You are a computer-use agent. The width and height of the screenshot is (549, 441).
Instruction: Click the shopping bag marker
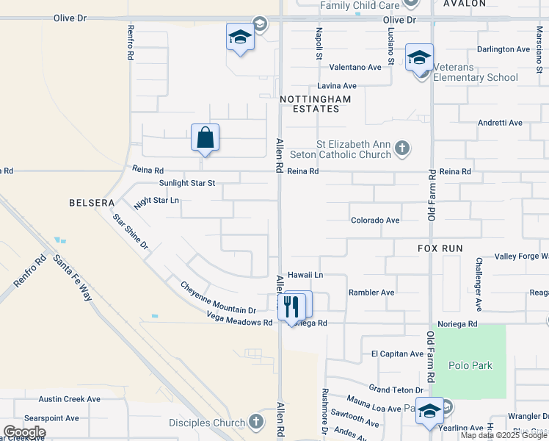pyautogui.click(x=206, y=137)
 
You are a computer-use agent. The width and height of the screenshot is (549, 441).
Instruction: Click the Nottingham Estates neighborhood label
pyautogui.click(x=315, y=104)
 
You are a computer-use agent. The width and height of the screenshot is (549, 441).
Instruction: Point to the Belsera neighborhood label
pyautogui.click(x=92, y=203)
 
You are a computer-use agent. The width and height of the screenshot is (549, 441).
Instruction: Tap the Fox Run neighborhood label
pyautogui.click(x=440, y=248)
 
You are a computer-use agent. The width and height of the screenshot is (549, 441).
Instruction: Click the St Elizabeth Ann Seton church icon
pyautogui.click(x=401, y=148)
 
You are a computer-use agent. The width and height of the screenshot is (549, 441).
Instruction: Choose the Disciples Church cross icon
pyautogui.click(x=255, y=422)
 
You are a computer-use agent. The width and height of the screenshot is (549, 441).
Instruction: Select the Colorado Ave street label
pyautogui.click(x=375, y=220)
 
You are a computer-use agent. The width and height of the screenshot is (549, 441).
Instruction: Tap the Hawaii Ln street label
pyautogui.click(x=305, y=275)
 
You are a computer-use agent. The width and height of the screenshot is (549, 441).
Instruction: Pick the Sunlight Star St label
pyautogui.click(x=187, y=183)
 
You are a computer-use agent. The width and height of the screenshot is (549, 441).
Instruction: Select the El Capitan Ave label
pyautogui.click(x=398, y=354)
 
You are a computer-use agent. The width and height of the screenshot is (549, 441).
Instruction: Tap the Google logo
pyautogui.click(x=24, y=432)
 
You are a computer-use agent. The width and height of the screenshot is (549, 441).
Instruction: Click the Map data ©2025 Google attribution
pyautogui.click(x=503, y=435)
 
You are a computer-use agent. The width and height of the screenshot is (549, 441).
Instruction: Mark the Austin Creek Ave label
pyautogui.click(x=70, y=399)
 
